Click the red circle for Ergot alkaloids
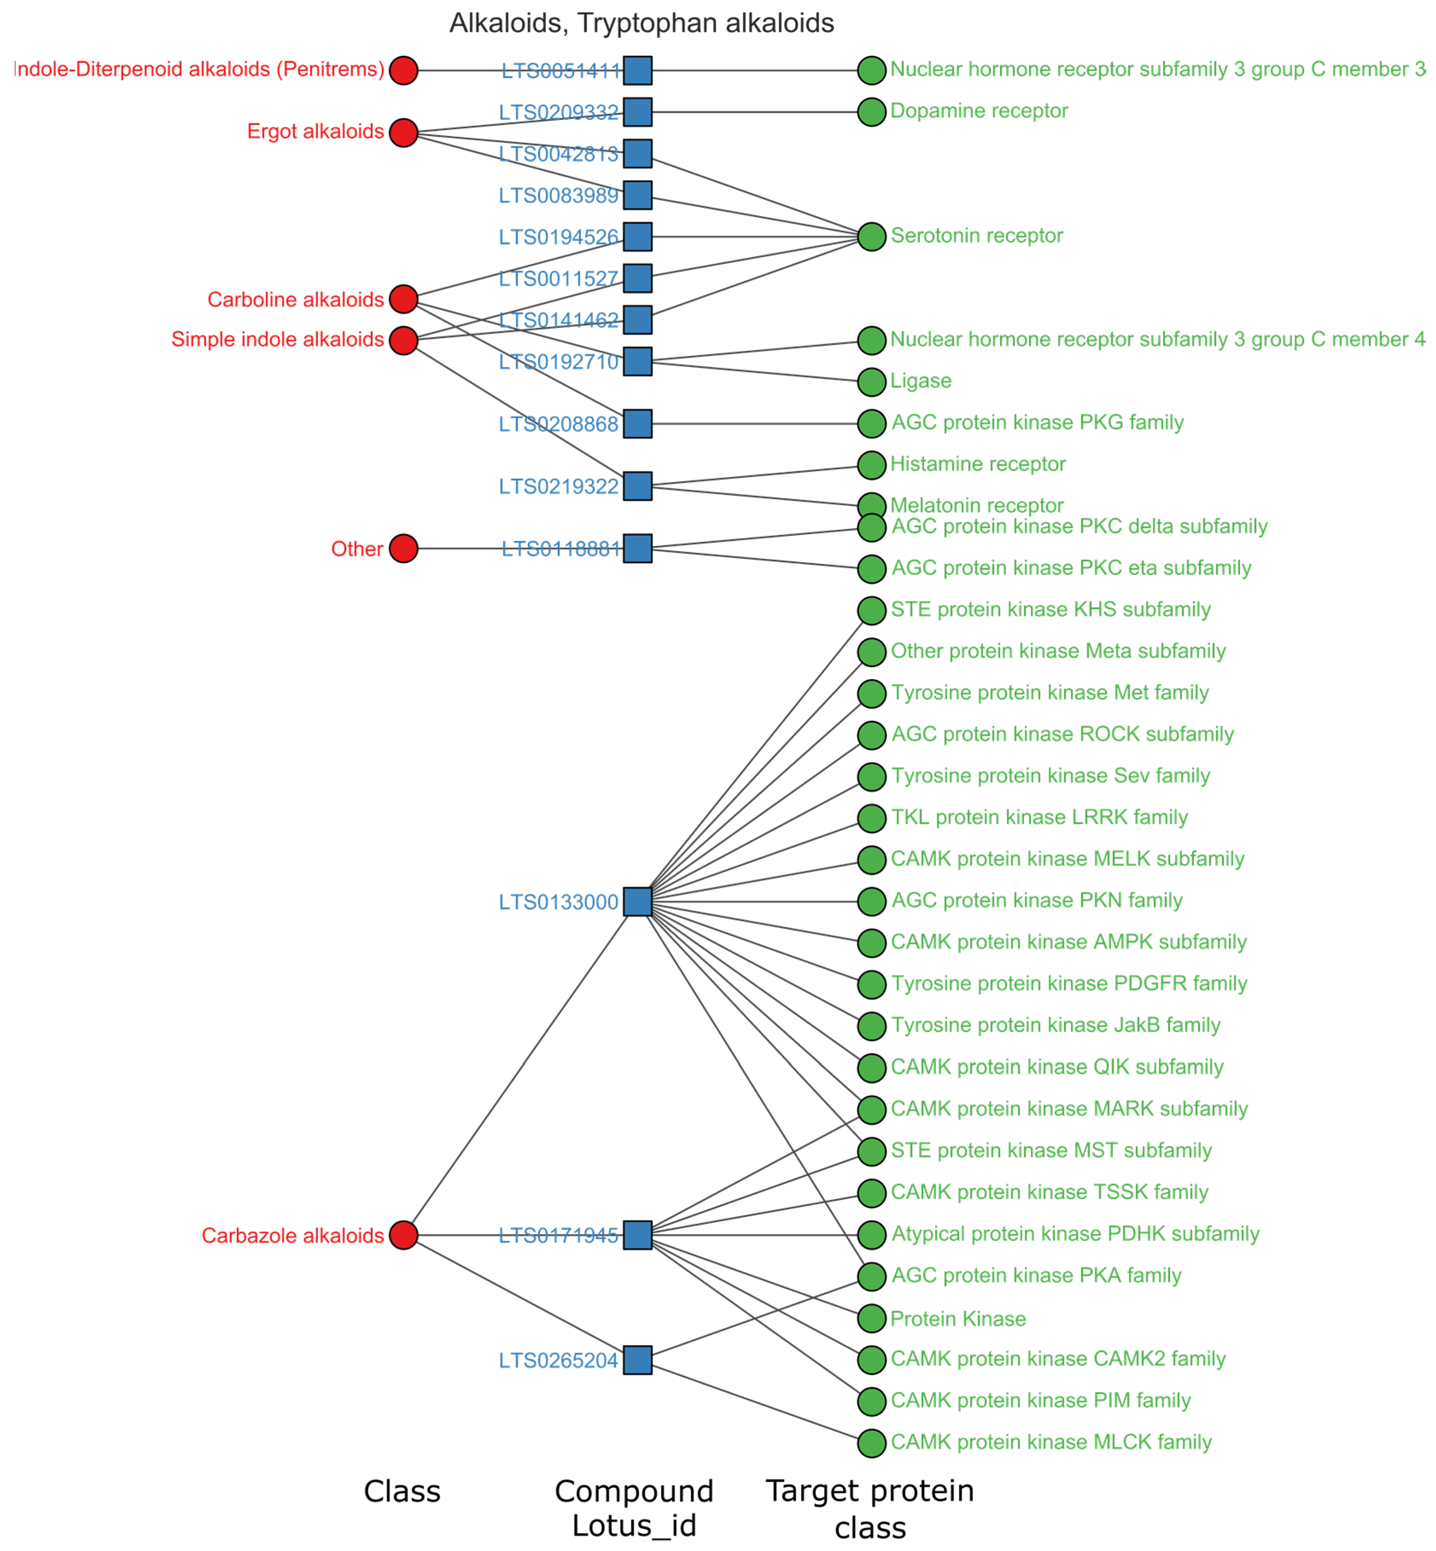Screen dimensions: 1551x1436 tap(403, 132)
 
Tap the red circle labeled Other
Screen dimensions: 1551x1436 tap(403, 548)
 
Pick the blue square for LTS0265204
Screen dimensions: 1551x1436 tap(637, 1360)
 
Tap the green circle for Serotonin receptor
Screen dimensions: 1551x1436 tap(871, 236)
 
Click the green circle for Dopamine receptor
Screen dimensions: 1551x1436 tap(871, 112)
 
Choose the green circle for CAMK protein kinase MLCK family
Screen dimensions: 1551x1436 tap(871, 1443)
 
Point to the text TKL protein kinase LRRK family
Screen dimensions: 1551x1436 tap(1039, 817)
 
